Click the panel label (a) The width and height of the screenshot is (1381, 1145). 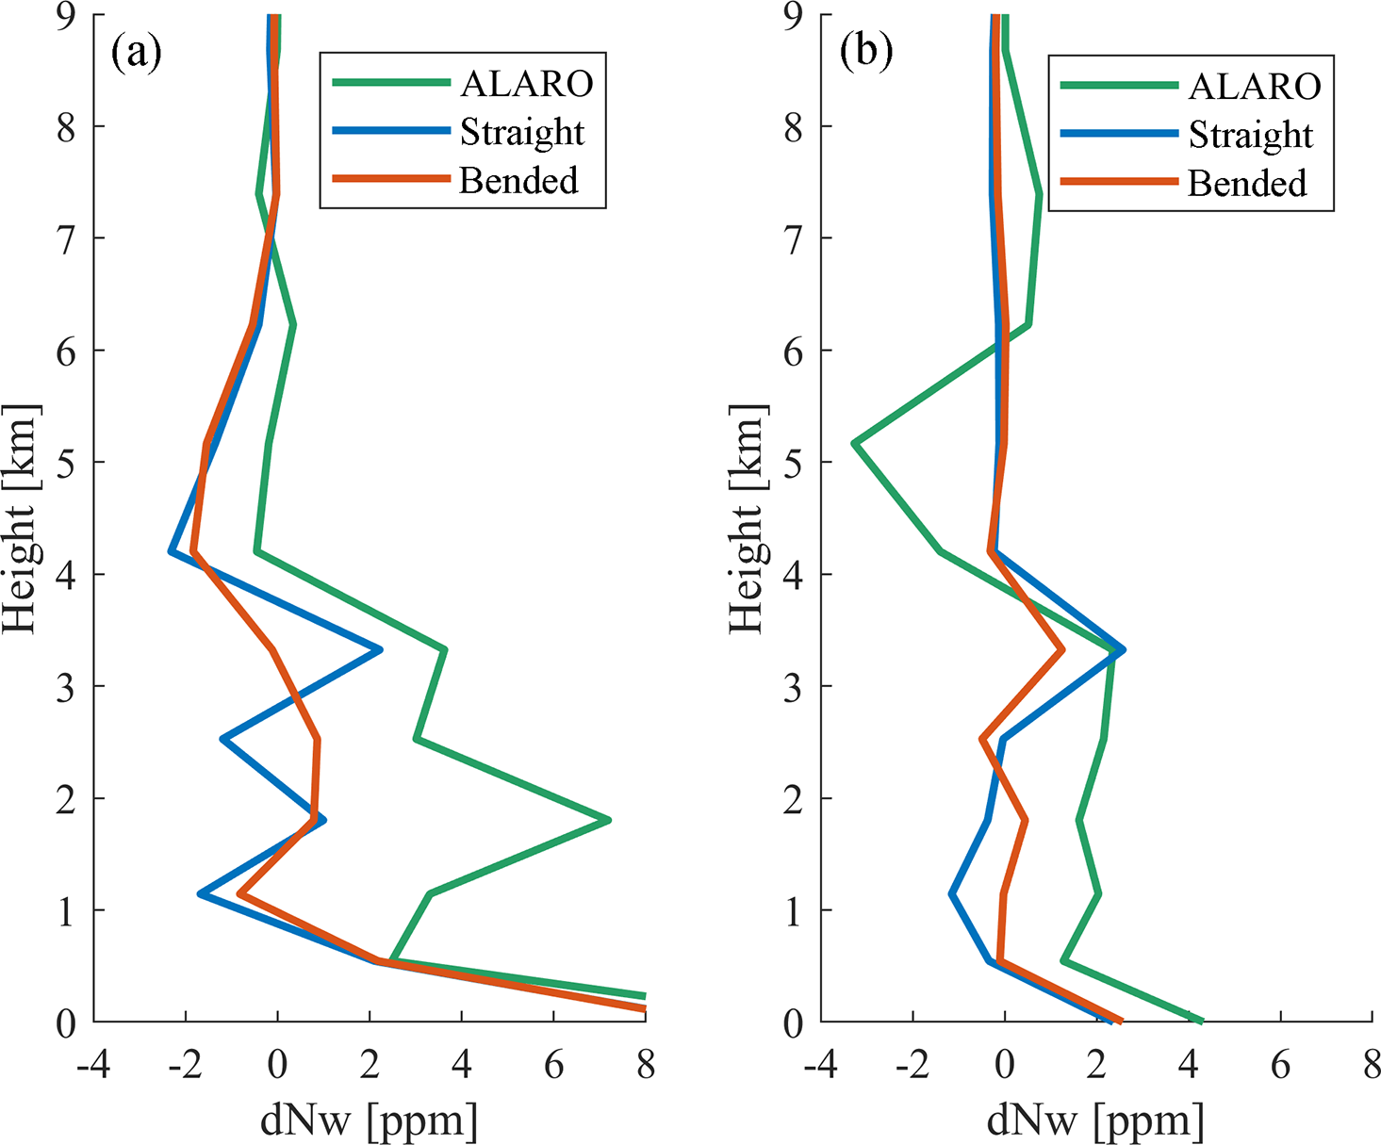[x=137, y=54]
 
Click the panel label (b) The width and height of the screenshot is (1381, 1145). [x=865, y=54]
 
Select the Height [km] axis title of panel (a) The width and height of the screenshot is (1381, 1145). [x=21, y=519]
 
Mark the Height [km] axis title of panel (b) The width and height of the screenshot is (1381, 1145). [x=748, y=519]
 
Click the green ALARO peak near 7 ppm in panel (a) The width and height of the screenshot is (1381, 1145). [x=609, y=820]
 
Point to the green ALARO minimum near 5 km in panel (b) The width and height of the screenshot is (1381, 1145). [x=854, y=442]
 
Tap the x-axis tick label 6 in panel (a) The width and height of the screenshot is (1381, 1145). [x=553, y=1065]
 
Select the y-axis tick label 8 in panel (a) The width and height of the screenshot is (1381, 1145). [x=65, y=126]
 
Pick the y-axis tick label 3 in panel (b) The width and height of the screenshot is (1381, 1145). [x=793, y=687]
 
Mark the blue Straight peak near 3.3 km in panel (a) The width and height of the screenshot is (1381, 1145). [x=380, y=649]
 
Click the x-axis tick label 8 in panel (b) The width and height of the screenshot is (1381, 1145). [x=1371, y=1065]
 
